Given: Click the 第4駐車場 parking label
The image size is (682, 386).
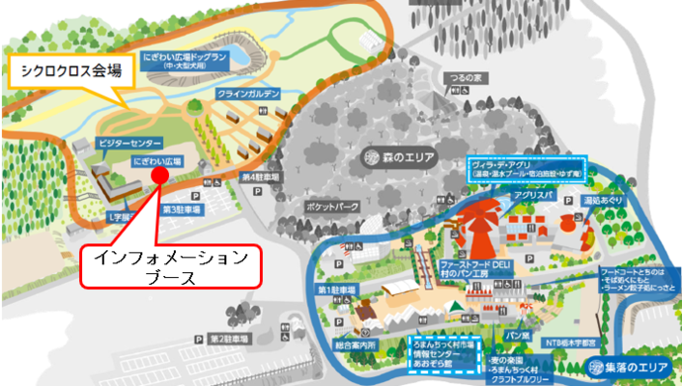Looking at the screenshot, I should coord(258,176).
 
